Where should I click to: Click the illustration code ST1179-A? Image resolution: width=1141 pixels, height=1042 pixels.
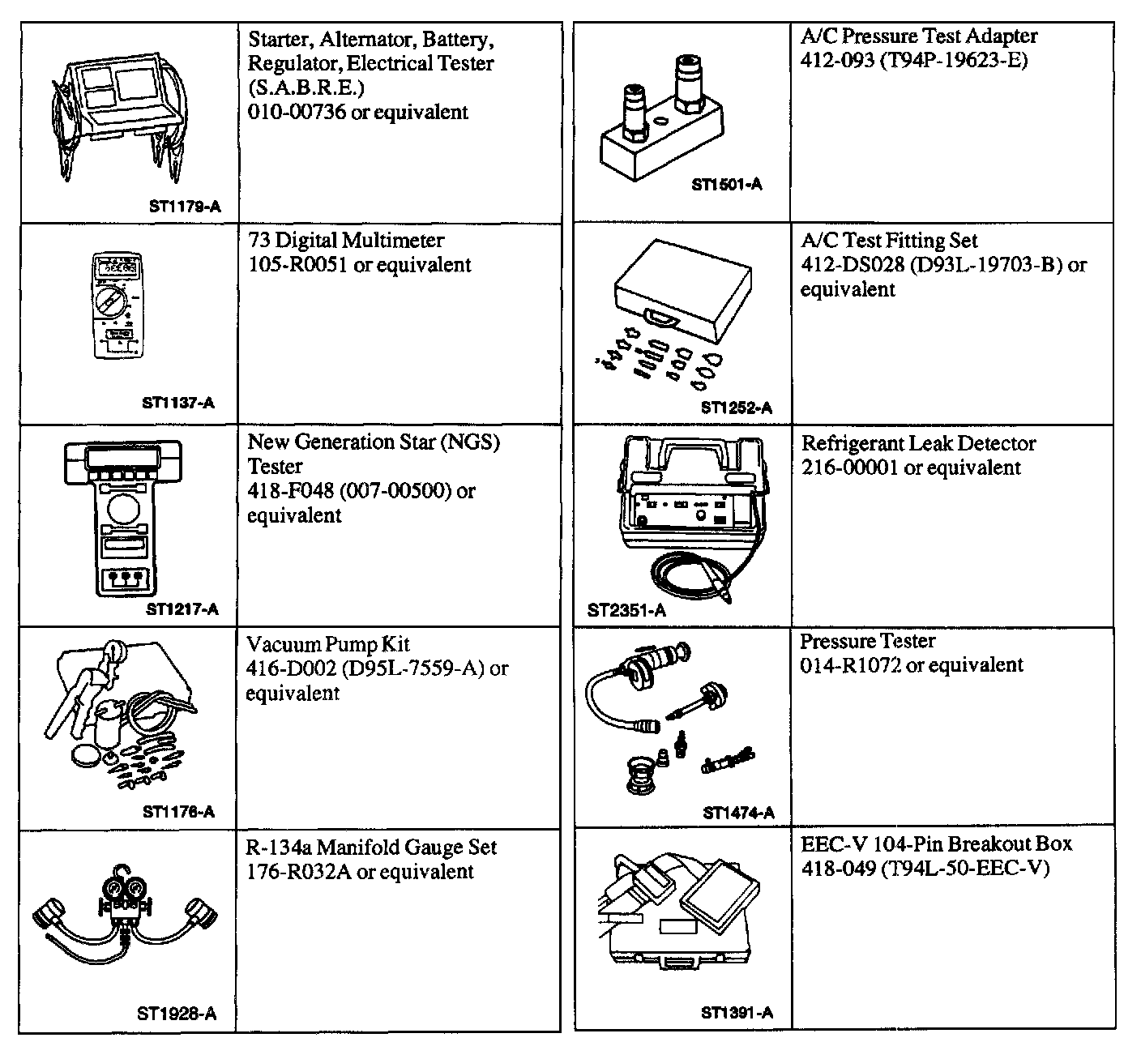184,207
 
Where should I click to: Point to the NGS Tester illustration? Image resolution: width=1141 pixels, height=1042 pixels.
122,519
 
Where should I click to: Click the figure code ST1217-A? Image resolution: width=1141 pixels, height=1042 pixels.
182,609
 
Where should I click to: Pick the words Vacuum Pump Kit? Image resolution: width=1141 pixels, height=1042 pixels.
327,644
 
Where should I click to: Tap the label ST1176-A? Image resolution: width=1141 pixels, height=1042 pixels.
178,811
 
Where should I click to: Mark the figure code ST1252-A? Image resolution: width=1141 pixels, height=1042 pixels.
736,408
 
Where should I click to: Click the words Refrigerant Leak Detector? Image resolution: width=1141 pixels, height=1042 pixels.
918,443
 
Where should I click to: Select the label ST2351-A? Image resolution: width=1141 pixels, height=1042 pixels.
626,610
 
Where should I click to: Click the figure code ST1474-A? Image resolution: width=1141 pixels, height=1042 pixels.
738,813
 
